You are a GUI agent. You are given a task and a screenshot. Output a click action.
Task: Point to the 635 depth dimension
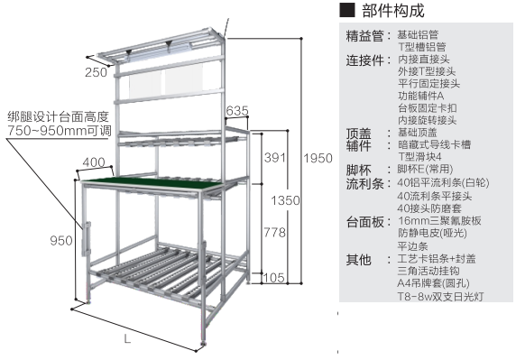237,110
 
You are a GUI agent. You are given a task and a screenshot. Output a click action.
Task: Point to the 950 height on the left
60,241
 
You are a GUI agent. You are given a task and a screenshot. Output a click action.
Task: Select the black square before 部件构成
346,12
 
